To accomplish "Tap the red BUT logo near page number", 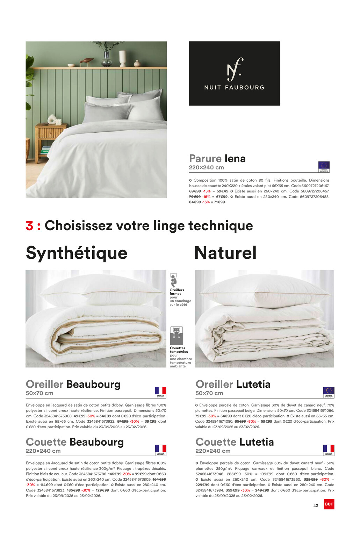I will coord(329,504).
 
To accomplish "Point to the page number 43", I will coord(316,506).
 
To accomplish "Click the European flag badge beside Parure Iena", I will coord(324,166).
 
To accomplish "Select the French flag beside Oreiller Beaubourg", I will coord(160,392).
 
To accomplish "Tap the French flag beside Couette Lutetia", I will coord(329,450).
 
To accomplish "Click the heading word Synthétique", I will coord(77,253).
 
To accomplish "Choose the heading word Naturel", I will coord(225,253).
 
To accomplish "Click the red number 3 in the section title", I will coord(29,226).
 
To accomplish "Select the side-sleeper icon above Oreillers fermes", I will coord(173,280).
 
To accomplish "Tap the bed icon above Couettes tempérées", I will coord(177,335).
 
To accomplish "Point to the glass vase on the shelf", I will coord(106,58).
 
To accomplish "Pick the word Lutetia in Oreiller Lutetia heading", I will coord(253,384).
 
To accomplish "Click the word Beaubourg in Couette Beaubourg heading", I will coord(96,442).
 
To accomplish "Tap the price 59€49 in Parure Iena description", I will coord(223,191).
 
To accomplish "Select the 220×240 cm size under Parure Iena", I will coord(206,168).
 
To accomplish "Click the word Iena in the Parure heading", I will coord(235,159).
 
